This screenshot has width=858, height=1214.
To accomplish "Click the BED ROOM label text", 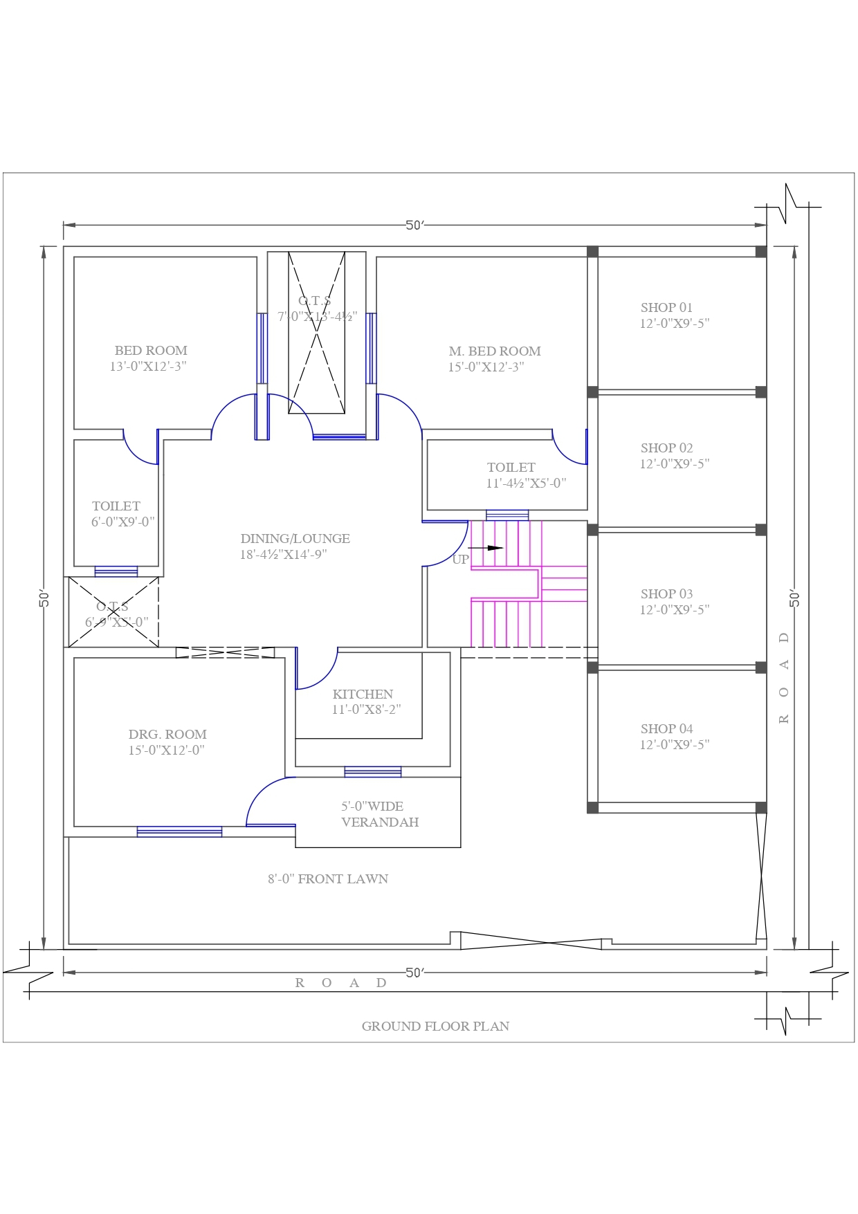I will coord(151,351).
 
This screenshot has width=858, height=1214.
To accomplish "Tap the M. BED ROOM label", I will coord(495,351).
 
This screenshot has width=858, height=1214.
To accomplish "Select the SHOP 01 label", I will coord(666,308).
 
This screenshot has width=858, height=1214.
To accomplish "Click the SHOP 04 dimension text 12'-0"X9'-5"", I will coord(675,745).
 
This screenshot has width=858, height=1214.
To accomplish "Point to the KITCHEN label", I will coord(363,695).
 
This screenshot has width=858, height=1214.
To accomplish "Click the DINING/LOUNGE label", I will coord(295,539).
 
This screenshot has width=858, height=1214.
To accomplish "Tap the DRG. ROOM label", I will coord(167,735).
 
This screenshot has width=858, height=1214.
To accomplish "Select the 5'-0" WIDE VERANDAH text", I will coord(379,814).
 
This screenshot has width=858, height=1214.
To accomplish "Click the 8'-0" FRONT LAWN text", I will coord(328,879).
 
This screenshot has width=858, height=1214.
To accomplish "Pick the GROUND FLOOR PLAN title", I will coord(435,1027).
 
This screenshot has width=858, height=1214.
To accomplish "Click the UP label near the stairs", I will coord(460,560).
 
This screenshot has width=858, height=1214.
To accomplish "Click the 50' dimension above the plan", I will coord(414,226).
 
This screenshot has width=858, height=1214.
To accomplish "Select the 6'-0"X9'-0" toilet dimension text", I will coord(123,522).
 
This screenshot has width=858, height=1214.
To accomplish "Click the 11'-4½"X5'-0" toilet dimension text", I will coord(526,484).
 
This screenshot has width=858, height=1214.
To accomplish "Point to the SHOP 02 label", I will coord(666,448).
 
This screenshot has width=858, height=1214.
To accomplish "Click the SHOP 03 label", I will coord(666,594).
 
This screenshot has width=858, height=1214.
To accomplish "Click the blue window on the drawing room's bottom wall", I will coord(179,831).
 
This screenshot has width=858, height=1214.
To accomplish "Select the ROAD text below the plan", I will coord(340,983).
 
